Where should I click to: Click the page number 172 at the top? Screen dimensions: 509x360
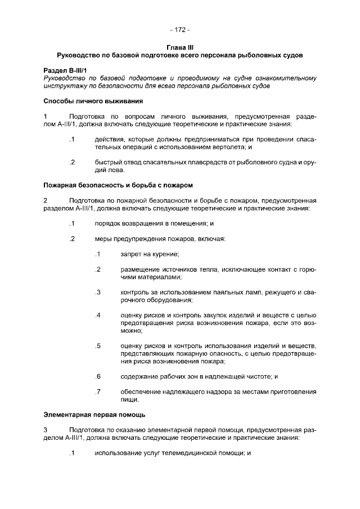coord(180,30)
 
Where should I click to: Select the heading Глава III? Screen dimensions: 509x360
coord(180,48)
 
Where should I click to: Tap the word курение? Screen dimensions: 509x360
coord(165,254)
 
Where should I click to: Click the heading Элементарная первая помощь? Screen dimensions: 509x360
coord(94,415)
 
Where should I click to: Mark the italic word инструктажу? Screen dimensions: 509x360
coord(66,87)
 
